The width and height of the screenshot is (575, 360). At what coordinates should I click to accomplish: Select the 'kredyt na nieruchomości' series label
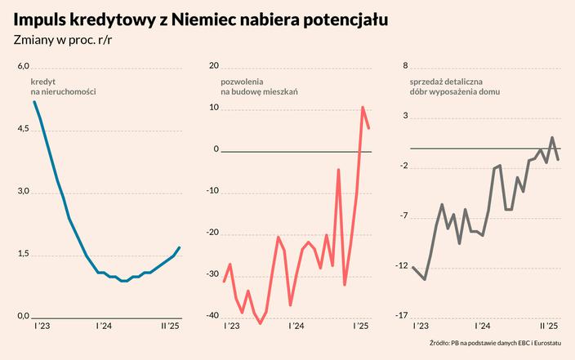pyautogui.click(x=63, y=87)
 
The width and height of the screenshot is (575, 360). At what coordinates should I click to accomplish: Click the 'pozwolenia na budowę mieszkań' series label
pyautogui.click(x=259, y=87)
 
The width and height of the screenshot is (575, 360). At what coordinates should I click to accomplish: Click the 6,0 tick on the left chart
pyautogui.click(x=23, y=66)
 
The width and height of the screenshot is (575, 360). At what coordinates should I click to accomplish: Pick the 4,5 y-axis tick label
pyautogui.click(x=23, y=129)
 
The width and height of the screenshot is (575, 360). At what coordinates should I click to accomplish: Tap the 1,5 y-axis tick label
pyautogui.click(x=23, y=254)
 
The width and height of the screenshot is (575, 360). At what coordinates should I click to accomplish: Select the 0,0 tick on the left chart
pyautogui.click(x=23, y=316)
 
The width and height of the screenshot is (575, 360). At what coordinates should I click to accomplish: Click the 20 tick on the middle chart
pyautogui.click(x=215, y=66)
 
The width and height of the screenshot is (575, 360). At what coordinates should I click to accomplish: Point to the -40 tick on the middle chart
pyautogui.click(x=213, y=316)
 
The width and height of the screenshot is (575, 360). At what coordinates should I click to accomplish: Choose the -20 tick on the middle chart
pyautogui.click(x=213, y=233)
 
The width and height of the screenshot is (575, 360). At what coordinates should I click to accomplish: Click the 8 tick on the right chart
pyautogui.click(x=406, y=66)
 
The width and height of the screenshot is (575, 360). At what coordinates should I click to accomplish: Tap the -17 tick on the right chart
pyautogui.click(x=403, y=316)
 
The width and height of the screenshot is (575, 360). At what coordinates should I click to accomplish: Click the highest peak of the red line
pyautogui.click(x=363, y=107)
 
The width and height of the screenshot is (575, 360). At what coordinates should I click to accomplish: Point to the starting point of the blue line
pyautogui.click(x=34, y=101)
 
